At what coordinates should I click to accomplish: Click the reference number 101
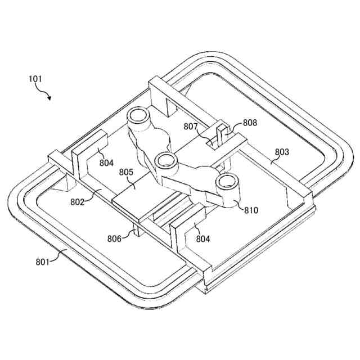click(x=35, y=79)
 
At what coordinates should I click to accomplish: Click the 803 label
click(x=282, y=152)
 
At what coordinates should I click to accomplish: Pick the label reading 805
click(x=127, y=173)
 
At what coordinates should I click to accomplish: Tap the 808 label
click(x=250, y=122)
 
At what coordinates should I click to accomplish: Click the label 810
click(x=251, y=210)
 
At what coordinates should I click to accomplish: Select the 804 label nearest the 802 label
click(x=106, y=163)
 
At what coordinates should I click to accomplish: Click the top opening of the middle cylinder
click(x=165, y=161)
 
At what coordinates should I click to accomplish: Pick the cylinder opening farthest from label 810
click(x=137, y=116)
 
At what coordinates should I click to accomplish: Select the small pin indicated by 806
click(x=136, y=232)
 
